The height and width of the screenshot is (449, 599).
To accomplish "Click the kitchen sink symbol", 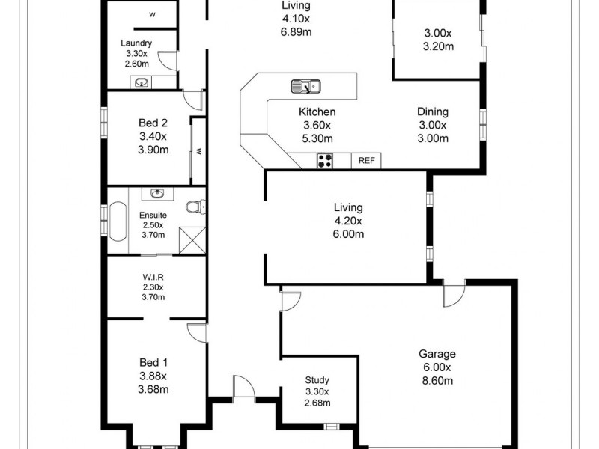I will pyautogui.click(x=305, y=86).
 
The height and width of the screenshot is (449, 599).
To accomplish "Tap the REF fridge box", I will pyautogui.click(x=367, y=160).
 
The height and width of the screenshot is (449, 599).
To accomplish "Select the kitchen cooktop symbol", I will pyautogui.click(x=326, y=159).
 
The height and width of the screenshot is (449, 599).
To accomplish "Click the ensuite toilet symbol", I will pyautogui.click(x=196, y=206).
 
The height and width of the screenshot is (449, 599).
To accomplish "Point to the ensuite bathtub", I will pyautogui.click(x=118, y=222).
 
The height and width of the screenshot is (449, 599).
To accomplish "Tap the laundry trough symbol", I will pyautogui.click(x=141, y=82).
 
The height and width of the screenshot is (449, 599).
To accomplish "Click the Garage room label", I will pyautogui.click(x=437, y=355).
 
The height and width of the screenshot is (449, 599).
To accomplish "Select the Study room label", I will pyautogui.click(x=317, y=380).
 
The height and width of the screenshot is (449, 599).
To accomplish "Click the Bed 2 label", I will pyautogui.click(x=153, y=123).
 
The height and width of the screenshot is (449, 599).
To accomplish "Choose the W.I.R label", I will pyautogui.click(x=153, y=276).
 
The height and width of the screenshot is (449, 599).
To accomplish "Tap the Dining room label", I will pyautogui.click(x=432, y=112).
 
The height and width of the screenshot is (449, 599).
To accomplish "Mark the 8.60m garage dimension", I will pyautogui.click(x=437, y=380).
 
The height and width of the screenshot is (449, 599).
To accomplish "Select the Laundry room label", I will pyautogui.click(x=136, y=43).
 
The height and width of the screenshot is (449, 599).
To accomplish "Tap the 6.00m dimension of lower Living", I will pyautogui.click(x=349, y=233).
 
